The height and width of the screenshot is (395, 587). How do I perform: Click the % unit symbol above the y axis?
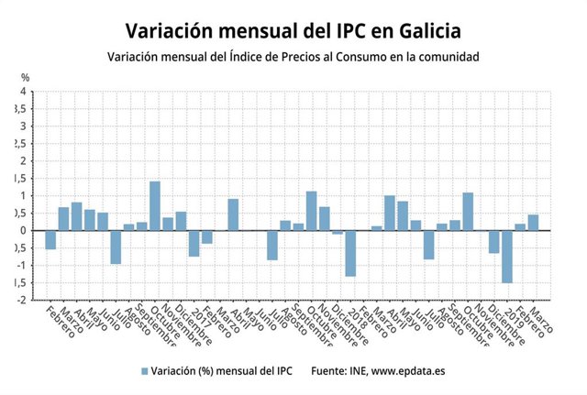pyautogui.click(x=26, y=77)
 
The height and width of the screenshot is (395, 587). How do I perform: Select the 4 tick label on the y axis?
pyautogui.click(x=24, y=92)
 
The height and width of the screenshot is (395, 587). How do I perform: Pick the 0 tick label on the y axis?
pyautogui.click(x=24, y=231)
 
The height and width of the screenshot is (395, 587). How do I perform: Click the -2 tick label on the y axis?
pyautogui.click(x=22, y=300)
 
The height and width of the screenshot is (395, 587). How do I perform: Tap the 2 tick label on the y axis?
pyautogui.click(x=24, y=161)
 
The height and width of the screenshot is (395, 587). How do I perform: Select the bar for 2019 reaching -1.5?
pyautogui.click(x=506, y=257)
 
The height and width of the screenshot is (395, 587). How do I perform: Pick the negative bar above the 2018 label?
pyautogui.click(x=350, y=253)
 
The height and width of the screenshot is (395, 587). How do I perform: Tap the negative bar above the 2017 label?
pyautogui.click(x=194, y=243)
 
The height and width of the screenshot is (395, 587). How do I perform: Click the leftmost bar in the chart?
pyautogui.click(x=50, y=239)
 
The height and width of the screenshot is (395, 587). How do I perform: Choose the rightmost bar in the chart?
pyautogui.click(x=533, y=223)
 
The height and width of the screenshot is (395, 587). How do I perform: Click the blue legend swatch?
pyautogui.click(x=144, y=371)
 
